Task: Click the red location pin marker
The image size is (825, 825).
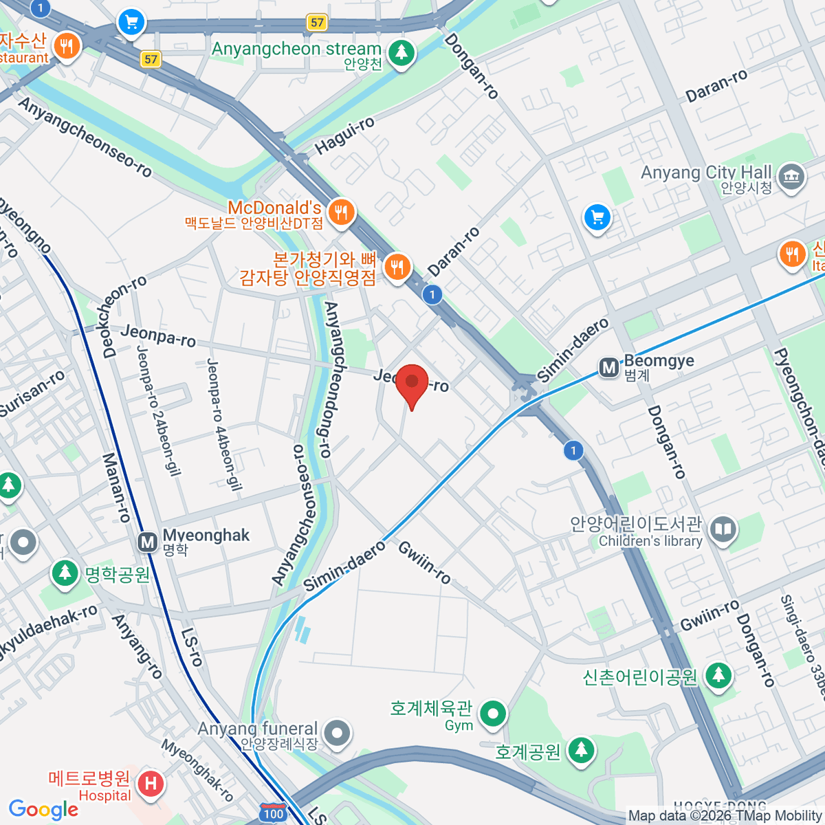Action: [x=412, y=383]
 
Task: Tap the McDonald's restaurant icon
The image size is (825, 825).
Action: [x=341, y=212]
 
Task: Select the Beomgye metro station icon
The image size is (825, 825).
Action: [x=608, y=368]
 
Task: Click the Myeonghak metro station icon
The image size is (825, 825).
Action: [x=148, y=542]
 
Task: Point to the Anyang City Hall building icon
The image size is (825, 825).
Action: [x=792, y=177]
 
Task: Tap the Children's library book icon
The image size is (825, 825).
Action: [x=723, y=529]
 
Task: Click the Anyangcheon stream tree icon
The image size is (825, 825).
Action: [x=401, y=52]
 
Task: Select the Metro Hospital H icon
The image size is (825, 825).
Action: [x=151, y=783]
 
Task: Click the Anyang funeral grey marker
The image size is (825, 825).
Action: [x=337, y=733]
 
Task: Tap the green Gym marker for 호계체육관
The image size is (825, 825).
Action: [x=492, y=714]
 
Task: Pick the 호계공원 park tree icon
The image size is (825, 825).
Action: [x=582, y=750]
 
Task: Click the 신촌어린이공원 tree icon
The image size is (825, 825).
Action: [x=718, y=675]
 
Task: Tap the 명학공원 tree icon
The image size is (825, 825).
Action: [x=65, y=573]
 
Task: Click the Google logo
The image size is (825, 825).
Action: [x=43, y=809]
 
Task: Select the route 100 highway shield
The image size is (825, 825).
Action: [x=273, y=812]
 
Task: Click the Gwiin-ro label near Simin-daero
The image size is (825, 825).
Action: [x=424, y=562]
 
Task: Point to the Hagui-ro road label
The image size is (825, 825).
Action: [x=344, y=135]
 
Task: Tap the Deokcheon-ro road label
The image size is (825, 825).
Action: [x=125, y=316]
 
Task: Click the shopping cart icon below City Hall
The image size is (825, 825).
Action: [x=597, y=218]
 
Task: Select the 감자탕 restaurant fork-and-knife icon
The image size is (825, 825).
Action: [x=397, y=267]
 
